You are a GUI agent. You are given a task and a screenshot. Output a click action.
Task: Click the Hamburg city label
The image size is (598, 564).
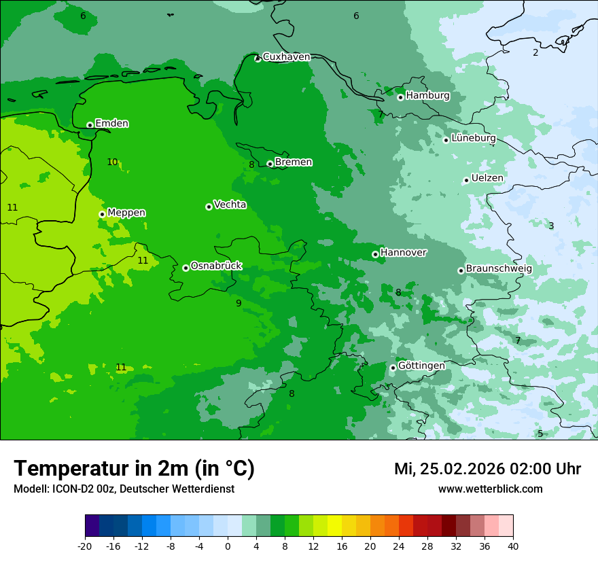pos(427,96)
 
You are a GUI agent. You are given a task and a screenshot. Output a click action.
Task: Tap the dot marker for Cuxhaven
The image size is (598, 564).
pos(258,59)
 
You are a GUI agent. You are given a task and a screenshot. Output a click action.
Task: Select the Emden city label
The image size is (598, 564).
pos(111,124)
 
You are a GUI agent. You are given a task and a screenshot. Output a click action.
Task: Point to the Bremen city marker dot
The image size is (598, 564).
pos(270,164)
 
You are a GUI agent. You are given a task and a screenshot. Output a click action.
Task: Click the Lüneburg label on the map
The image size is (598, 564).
pos(473,138)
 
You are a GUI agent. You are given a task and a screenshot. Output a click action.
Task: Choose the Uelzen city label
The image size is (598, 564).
pos(487,178)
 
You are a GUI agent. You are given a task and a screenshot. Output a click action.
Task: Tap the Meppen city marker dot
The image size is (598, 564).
pos(102,214)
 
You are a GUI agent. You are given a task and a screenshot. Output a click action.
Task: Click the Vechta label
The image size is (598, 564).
pos(230,205)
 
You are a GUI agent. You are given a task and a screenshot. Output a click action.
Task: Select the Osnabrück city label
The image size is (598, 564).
pos(216,266)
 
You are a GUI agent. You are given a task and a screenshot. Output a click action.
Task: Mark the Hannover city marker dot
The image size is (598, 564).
pos(375,255)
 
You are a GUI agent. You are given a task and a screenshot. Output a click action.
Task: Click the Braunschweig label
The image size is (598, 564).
pos(499,268)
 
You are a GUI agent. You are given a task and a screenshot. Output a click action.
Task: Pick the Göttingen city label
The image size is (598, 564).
pos(421,366)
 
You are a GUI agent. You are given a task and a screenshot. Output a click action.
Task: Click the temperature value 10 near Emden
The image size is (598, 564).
pos(112,162)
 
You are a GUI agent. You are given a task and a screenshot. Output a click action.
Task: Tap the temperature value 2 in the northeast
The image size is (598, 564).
pos(535,52)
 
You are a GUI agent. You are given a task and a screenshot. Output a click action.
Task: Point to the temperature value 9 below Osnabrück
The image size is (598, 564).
pos(239,303)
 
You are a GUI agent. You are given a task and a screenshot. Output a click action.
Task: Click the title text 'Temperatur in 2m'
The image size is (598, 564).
pos(134,468)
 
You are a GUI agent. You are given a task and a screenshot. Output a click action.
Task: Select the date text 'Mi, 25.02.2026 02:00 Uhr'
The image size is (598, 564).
pos(487,469)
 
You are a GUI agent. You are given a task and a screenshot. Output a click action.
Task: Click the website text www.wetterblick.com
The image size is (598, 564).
pos(490,489)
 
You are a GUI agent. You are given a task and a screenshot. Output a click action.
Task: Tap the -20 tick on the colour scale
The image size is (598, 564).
pos(85,546)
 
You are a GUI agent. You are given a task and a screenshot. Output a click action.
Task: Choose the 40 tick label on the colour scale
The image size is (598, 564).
pos(512,546)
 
